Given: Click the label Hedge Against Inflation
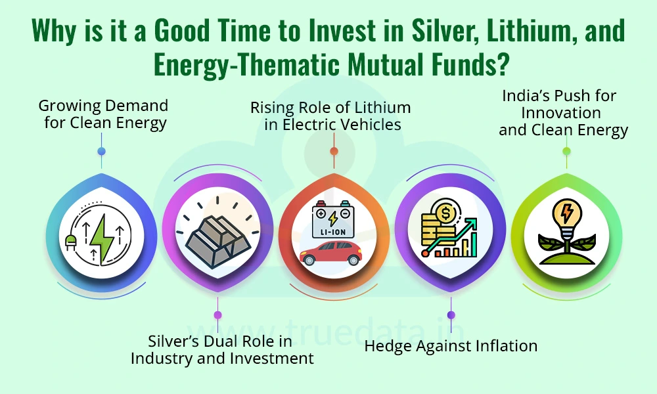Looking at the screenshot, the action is [x=451, y=346].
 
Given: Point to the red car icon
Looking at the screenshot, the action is [x=331, y=253].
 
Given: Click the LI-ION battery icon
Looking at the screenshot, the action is [x=333, y=219].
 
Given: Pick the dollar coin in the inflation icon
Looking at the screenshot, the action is [x=445, y=213].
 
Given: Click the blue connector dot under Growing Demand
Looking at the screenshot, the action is [x=101, y=151].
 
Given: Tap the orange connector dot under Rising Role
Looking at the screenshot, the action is [x=334, y=151].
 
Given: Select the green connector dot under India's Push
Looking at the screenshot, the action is [x=566, y=151].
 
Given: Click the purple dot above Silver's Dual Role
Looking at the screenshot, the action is [x=217, y=315].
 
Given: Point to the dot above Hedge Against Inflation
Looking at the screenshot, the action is [x=451, y=315].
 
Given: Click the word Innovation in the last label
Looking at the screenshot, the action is [x=561, y=113].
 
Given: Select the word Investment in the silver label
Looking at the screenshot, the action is [x=272, y=359].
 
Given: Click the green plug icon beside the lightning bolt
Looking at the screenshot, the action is [x=70, y=241].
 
